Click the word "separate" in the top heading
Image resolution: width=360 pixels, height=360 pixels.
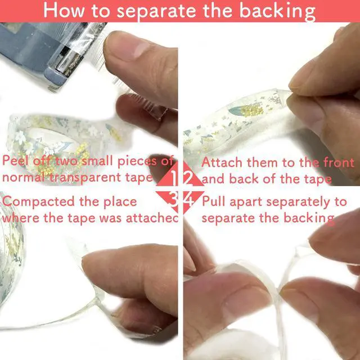pyautogui.click(x=156, y=11)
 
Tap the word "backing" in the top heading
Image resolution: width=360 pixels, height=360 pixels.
pyautogui.click(x=277, y=12)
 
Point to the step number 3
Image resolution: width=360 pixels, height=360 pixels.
pyautogui.click(x=173, y=199)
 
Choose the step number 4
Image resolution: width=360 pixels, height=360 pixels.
pyautogui.click(x=189, y=199)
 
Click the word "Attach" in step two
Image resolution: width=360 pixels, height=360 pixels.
pyautogui.click(x=222, y=162)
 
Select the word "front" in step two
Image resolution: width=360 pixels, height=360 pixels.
pyautogui.click(x=339, y=162)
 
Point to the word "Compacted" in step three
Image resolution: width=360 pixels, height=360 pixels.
pyautogui.click(x=39, y=201)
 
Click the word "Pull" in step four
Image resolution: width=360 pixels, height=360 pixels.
pyautogui.click(x=214, y=201)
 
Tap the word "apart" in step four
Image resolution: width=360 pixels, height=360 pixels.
pyautogui.click(x=246, y=202)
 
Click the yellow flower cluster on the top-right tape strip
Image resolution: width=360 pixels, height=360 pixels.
pyautogui.click(x=252, y=110)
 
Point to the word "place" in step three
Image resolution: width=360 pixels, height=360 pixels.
pyautogui.click(x=120, y=202)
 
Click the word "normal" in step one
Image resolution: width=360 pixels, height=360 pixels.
pyautogui.click(x=25, y=177)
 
